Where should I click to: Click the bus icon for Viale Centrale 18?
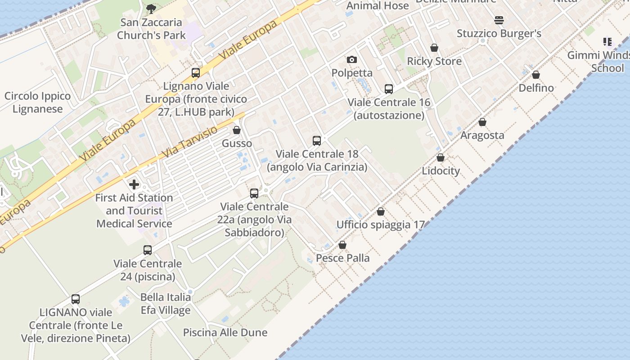click(x=317, y=141)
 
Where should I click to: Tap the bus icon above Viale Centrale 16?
click(x=389, y=89)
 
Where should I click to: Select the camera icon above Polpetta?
click(x=352, y=60)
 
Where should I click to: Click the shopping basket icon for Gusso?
click(x=237, y=130)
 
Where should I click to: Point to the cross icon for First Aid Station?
click(x=134, y=184)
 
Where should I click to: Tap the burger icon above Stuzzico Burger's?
click(x=499, y=20)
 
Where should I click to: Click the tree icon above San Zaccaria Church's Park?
click(x=151, y=9)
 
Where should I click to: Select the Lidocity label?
click(x=441, y=171)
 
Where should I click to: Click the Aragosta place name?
click(x=482, y=135)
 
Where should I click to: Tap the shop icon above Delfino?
click(x=536, y=75)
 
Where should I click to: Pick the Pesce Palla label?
click(x=343, y=258)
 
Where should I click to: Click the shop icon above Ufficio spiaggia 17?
click(x=381, y=211)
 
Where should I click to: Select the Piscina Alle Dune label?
click(x=225, y=333)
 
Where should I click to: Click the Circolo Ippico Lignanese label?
click(x=38, y=102)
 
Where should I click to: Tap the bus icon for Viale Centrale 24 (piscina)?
click(x=148, y=250)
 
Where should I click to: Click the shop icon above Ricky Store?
click(x=434, y=48)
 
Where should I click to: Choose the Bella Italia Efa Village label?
click(x=166, y=303)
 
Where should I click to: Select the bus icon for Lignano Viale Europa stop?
click(x=196, y=72)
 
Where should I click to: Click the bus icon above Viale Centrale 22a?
click(x=254, y=193)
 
